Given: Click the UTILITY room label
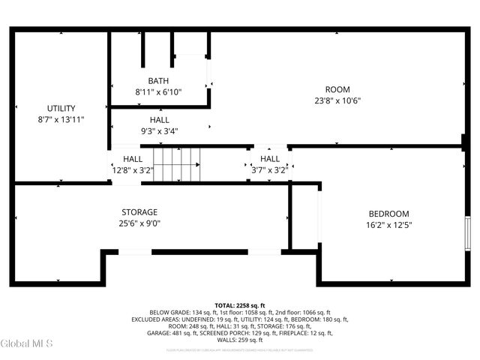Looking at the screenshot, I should (x=61, y=108).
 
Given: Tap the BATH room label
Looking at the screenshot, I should (x=158, y=81).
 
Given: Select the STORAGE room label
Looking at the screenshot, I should (x=139, y=212).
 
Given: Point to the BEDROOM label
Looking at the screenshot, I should (x=388, y=214).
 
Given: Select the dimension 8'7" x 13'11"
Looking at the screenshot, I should (x=61, y=119).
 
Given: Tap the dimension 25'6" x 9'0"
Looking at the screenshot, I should (x=139, y=223).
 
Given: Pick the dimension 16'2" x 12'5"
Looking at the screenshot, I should (x=388, y=225).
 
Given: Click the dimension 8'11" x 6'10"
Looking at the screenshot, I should (x=158, y=92).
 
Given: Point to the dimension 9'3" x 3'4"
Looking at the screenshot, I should (x=159, y=131).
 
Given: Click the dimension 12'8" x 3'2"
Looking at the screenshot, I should (x=133, y=170).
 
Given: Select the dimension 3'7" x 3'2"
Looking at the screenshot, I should (x=270, y=170).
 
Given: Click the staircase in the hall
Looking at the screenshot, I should (x=177, y=163).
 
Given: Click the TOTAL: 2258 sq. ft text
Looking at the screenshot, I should (x=240, y=305).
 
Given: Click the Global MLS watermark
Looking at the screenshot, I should (x=27, y=344).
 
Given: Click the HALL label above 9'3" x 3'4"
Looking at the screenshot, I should (x=159, y=120).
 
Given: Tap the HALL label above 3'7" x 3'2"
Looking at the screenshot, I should (x=270, y=159).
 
